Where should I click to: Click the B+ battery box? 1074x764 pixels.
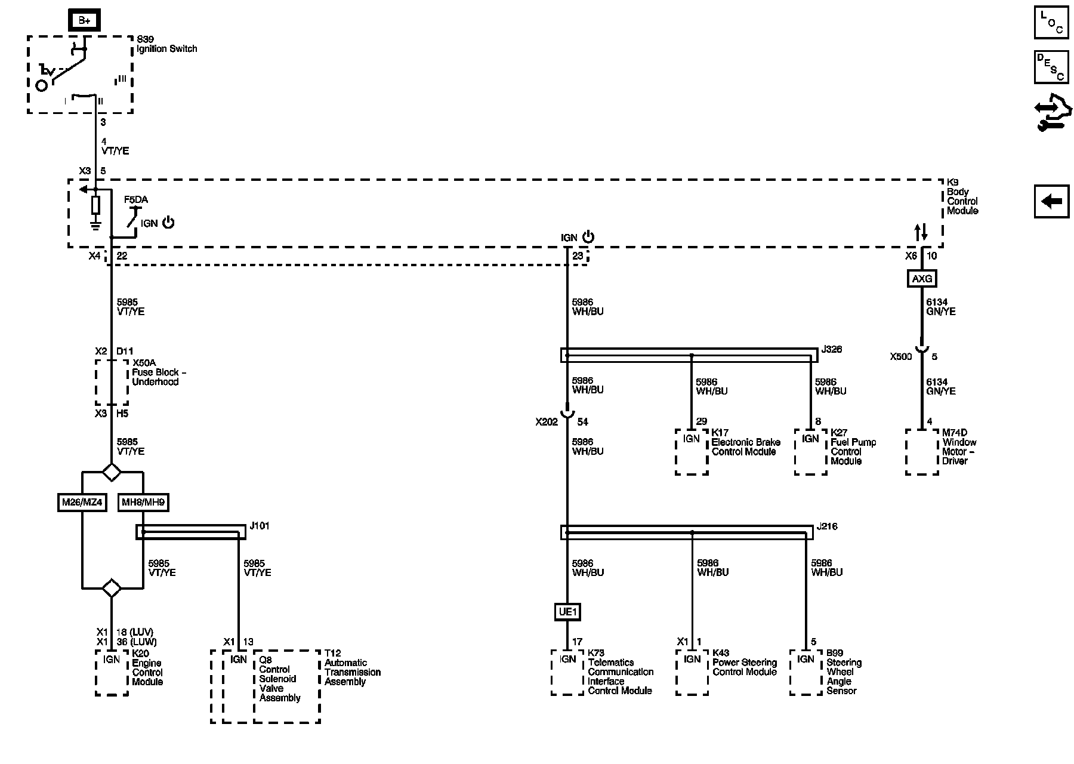pos(84,21)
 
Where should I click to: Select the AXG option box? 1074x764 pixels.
pos(922,278)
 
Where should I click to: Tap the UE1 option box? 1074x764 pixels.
pos(567,612)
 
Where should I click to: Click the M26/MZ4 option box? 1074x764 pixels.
pos(82,503)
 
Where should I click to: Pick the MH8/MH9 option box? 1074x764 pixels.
pos(143,503)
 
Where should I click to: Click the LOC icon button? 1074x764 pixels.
pos(1051,23)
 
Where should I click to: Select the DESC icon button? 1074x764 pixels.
pos(1051,67)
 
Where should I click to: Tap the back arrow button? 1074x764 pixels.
pos(1051,202)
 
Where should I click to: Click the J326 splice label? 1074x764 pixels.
pos(831,349)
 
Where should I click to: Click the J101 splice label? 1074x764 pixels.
pos(260,526)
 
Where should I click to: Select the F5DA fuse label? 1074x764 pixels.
pos(135,200)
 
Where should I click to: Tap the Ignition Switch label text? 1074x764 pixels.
pos(166,49)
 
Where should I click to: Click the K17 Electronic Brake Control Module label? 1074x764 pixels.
pos(745,442)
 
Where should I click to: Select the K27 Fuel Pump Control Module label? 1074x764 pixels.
pos(853,447)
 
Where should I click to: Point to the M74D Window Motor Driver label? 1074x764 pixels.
pos(959,447)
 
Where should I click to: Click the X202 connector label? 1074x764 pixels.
pos(547,422)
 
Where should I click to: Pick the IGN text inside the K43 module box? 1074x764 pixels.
pos(692,660)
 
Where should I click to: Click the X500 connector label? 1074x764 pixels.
pos(901,357)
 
